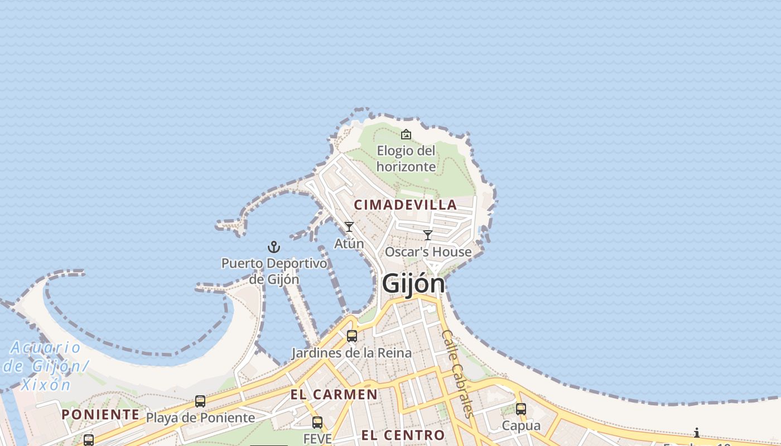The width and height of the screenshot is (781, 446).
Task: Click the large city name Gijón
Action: coord(413,284)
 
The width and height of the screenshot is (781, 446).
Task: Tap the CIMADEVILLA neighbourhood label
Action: coord(406,205)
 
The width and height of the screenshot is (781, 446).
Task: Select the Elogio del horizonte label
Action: coord(406,158)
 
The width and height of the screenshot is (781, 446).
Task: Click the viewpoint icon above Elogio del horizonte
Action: coord(406,134)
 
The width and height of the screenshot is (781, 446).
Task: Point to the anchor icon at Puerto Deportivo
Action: coord(274,247)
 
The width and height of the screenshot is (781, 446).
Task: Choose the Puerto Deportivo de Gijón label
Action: coord(274,271)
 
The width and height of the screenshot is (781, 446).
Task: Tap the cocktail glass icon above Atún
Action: coord(349,227)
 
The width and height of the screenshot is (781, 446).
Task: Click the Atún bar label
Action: coord(349,244)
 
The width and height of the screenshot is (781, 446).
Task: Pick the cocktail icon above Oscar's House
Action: coord(428,235)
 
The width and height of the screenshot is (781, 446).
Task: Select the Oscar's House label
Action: coord(428,252)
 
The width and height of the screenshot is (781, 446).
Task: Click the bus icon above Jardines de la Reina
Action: coord(352,336)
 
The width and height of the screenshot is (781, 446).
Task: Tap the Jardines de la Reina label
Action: coord(352,353)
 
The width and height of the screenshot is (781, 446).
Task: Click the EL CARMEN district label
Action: coord(334,395)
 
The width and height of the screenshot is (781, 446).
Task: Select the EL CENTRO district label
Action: coord(403,435)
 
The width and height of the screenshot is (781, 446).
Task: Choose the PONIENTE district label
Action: coord(100,414)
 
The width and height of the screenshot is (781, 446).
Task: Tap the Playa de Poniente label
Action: coord(200,418)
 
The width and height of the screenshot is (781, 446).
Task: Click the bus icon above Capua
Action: coord(521,409)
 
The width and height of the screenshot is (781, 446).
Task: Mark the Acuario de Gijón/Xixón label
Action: coord(46,366)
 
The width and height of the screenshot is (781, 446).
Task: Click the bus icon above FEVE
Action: coord(317,423)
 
